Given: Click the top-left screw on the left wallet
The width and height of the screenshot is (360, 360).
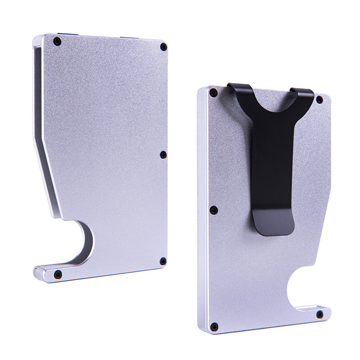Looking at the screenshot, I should (x=57, y=41).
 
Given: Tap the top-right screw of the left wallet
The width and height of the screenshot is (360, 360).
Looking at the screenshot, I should (x=163, y=47).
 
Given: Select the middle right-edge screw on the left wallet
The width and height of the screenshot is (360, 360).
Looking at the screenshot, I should (x=163, y=155).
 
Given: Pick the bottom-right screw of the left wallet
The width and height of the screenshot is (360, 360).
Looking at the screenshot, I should (x=163, y=261).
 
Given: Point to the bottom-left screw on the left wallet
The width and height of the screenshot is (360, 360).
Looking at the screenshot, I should (x=58, y=274).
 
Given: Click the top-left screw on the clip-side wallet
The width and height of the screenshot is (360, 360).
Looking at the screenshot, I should (x=213, y=93).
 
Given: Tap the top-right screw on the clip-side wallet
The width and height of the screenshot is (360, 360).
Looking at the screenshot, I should (x=319, y=99).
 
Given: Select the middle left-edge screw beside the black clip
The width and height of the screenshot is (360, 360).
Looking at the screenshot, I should (x=214, y=210).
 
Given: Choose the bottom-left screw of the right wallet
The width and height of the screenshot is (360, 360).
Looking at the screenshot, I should (x=214, y=326).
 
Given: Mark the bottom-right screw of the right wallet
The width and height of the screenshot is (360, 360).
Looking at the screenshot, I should (x=319, y=314).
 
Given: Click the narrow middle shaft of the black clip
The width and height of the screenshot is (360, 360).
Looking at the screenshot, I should (x=272, y=171).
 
